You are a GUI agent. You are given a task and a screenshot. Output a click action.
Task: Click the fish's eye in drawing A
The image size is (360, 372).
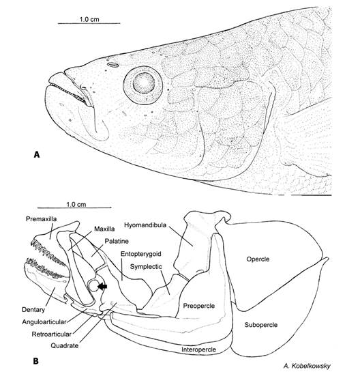[x=143, y=85]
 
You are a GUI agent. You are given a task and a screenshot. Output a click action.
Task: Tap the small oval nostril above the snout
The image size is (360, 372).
[x=112, y=64]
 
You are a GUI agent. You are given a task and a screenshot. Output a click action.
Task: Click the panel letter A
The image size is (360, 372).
[x=37, y=154]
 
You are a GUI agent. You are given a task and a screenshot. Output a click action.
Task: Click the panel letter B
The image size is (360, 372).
[x=35, y=361]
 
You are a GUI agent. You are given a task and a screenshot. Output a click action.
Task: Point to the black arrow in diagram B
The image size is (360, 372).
[x=102, y=287]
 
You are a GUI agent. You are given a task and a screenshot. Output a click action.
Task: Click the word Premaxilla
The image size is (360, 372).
[x=41, y=218]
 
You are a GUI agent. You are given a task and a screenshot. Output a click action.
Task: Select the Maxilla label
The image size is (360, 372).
[x=104, y=229]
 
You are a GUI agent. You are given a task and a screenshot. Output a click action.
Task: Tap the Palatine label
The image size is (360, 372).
[x=117, y=241]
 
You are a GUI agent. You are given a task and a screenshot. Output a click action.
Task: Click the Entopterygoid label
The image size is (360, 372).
[x=141, y=254]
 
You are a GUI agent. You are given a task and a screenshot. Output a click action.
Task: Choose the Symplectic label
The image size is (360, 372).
[x=146, y=266]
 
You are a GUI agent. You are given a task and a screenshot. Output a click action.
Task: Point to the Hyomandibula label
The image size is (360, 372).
[x=145, y=225]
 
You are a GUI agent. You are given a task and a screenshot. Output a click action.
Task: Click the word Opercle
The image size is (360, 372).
[x=258, y=259]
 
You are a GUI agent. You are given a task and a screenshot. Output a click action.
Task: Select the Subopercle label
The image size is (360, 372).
[x=261, y=324]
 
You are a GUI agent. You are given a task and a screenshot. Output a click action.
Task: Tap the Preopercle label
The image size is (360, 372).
[x=199, y=306]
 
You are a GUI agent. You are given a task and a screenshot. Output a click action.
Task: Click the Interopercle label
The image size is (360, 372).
[x=198, y=349]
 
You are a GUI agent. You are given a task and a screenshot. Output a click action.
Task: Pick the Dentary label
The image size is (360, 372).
[x=33, y=310]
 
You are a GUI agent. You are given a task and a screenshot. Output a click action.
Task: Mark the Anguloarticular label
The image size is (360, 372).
[x=44, y=322]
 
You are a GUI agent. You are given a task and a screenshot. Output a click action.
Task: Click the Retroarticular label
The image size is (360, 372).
[x=51, y=334]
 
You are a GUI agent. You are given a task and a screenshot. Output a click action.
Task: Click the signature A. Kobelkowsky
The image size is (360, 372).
[x=307, y=366]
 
